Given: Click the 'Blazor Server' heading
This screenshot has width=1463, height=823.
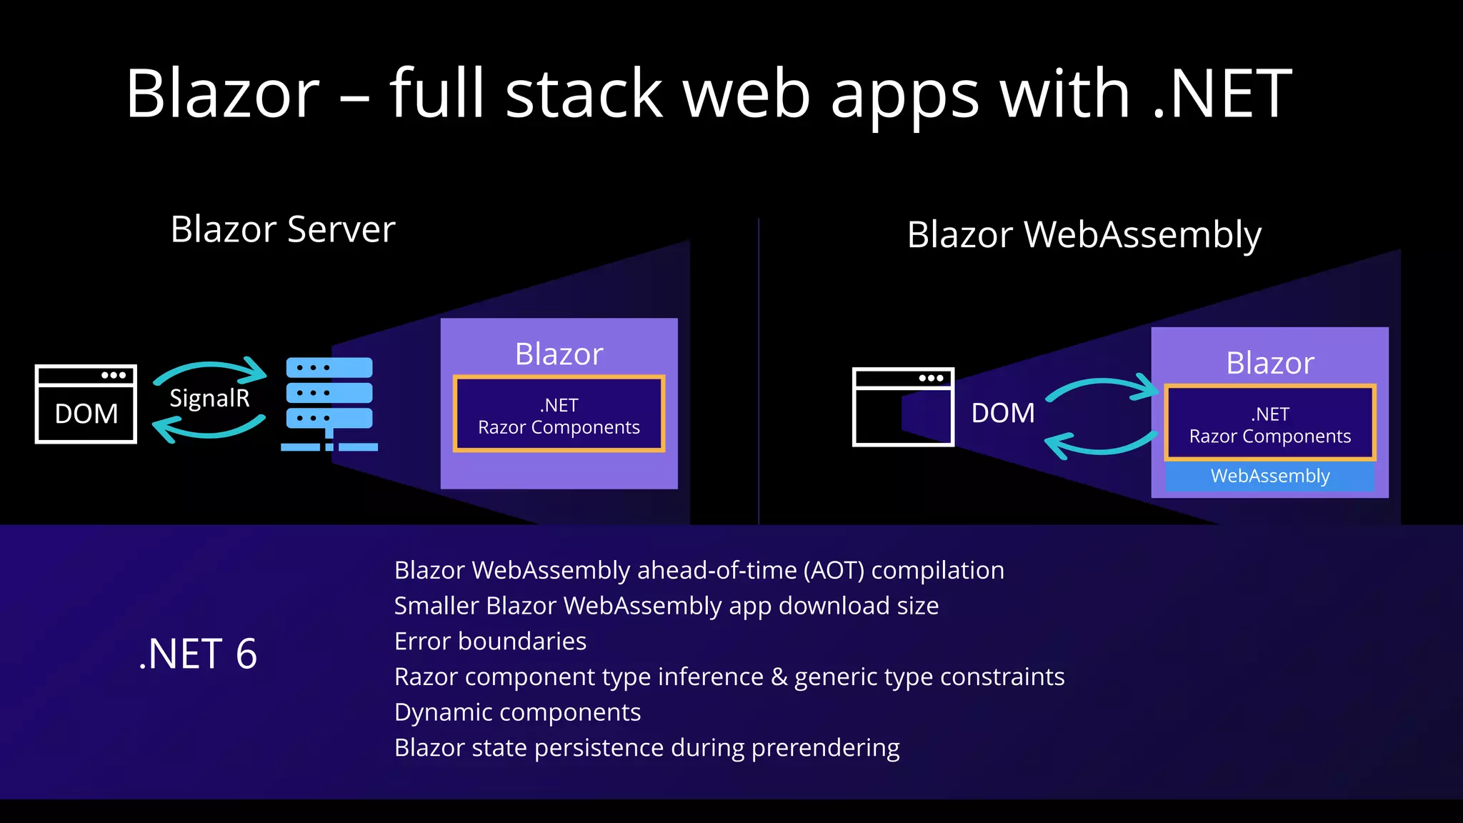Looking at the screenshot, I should pos(283,229).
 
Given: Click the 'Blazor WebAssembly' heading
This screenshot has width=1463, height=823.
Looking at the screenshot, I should pos(1084,235).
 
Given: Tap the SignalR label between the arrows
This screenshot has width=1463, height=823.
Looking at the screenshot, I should pos(209,398).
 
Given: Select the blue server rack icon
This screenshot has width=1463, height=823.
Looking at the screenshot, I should pos(329,404).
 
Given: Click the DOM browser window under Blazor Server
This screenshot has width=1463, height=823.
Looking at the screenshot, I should pos(86,404).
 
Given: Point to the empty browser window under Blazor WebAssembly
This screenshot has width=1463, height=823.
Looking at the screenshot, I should pos(903,407).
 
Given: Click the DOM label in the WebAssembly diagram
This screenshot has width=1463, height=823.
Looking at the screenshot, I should pos(1002,413).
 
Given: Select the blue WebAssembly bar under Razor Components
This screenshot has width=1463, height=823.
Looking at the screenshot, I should pos(1269,477).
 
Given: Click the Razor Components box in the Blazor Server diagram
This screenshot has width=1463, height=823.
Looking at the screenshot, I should pos(559,414).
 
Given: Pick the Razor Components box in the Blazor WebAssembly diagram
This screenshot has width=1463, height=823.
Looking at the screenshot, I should pos(1269,424).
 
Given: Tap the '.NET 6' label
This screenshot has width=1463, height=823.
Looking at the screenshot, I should pos(198,654).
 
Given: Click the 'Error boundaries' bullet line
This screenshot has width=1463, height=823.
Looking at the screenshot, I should pos(490,642).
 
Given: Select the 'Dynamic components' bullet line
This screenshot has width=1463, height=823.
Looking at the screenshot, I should pos(517,712).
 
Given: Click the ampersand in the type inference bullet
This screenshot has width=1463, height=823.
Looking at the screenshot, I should pos(779,677).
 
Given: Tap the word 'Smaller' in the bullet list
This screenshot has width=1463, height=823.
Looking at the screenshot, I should pos(436,606).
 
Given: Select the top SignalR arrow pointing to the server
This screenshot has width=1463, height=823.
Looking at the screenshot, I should pos(211,370).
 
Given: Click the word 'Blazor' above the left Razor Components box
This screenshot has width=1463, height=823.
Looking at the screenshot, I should pos(559,354).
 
